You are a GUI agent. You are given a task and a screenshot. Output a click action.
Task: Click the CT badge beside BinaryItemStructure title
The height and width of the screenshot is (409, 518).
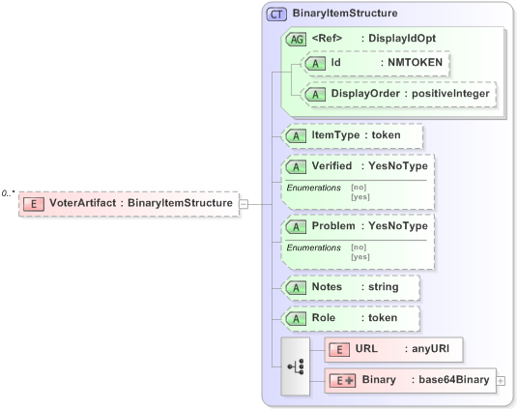[x=277, y=15]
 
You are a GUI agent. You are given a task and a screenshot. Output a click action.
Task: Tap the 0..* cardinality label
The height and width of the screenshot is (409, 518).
[x=9, y=193]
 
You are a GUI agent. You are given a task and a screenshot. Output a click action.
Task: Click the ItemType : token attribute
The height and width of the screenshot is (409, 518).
[x=352, y=135]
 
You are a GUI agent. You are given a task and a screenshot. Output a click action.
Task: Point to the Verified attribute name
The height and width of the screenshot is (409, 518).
[x=331, y=166]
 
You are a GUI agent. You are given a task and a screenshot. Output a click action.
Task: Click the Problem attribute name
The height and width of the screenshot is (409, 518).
[x=332, y=226]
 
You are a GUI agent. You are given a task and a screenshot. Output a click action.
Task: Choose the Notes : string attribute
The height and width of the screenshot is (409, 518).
[x=350, y=287]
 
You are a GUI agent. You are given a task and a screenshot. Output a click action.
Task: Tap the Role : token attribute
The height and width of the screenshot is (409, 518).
[x=350, y=317]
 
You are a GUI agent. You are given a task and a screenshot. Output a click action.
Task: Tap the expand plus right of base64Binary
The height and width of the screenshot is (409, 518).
[x=501, y=381]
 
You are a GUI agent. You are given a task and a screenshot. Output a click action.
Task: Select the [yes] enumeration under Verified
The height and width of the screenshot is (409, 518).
[x=360, y=196]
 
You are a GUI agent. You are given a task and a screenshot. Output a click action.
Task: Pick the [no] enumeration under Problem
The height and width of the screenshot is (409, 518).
[x=359, y=248]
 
